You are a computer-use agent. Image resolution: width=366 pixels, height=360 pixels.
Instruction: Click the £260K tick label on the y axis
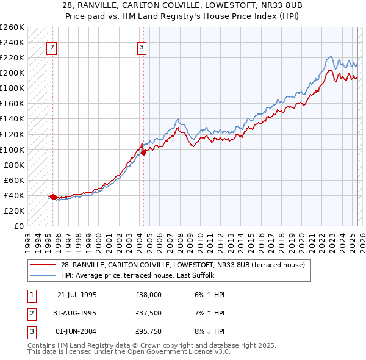click(x=12, y=27)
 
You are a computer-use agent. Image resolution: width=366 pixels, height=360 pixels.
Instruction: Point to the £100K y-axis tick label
click(x=12, y=149)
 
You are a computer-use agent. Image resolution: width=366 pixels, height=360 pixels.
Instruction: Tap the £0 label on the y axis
click(x=18, y=226)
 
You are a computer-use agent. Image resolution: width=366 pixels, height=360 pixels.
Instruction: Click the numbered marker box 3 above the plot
click(x=142, y=48)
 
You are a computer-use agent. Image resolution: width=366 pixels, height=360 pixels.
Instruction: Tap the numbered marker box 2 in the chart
click(x=52, y=48)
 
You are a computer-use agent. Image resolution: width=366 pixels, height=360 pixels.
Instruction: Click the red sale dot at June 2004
click(x=144, y=153)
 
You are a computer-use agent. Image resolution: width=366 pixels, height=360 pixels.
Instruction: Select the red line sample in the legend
click(x=43, y=265)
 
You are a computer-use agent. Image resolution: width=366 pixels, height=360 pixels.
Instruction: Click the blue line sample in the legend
click(x=43, y=275)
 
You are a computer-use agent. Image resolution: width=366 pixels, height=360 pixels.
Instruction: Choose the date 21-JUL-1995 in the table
click(x=77, y=295)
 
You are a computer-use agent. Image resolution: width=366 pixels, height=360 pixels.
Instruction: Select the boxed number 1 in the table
click(x=31, y=295)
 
